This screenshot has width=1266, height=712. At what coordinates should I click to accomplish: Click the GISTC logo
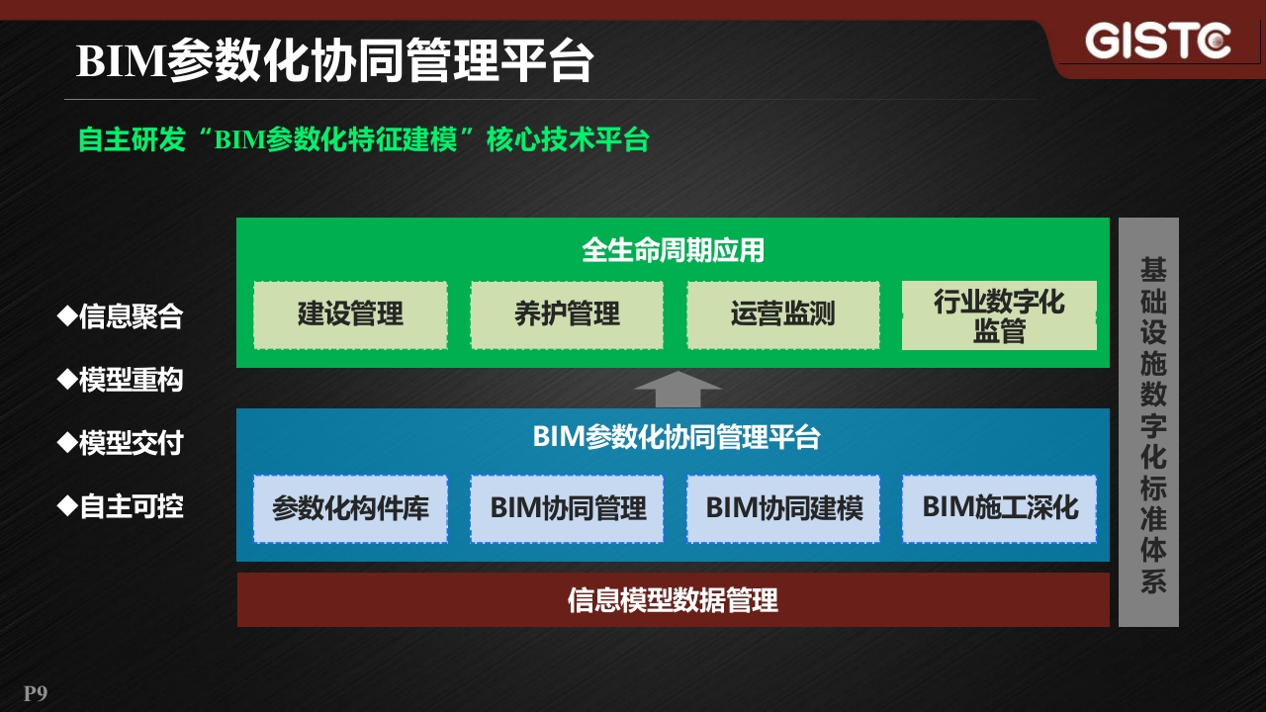pyautogui.click(x=1157, y=41)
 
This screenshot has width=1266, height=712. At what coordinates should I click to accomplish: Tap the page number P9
pyautogui.click(x=36, y=693)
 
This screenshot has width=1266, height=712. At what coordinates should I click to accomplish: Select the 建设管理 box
pyautogui.click(x=350, y=314)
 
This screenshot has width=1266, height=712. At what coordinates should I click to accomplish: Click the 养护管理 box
pyautogui.click(x=567, y=314)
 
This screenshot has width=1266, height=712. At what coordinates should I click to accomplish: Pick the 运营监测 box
pyautogui.click(x=783, y=314)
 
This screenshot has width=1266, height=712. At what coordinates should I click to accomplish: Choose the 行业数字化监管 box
pyautogui.click(x=999, y=315)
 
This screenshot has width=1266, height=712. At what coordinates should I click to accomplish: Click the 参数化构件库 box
pyautogui.click(x=350, y=509)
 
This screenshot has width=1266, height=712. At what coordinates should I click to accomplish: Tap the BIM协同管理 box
pyautogui.click(x=567, y=509)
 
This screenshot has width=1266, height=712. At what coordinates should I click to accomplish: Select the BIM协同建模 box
pyautogui.click(x=783, y=509)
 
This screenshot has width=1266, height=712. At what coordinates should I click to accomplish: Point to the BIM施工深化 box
pyautogui.click(x=999, y=509)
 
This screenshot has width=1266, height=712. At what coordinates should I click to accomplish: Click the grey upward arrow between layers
pyautogui.click(x=678, y=389)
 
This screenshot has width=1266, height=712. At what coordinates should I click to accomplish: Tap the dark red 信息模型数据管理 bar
pyautogui.click(x=674, y=599)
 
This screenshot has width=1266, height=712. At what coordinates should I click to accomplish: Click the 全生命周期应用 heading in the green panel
pyautogui.click(x=674, y=250)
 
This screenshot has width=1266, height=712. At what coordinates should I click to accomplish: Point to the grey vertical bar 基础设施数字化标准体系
pyautogui.click(x=1149, y=422)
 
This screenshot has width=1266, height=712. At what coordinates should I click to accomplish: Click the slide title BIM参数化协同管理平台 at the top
pyautogui.click(x=335, y=60)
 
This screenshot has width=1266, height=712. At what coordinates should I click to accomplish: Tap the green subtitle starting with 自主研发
pyautogui.click(x=363, y=139)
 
